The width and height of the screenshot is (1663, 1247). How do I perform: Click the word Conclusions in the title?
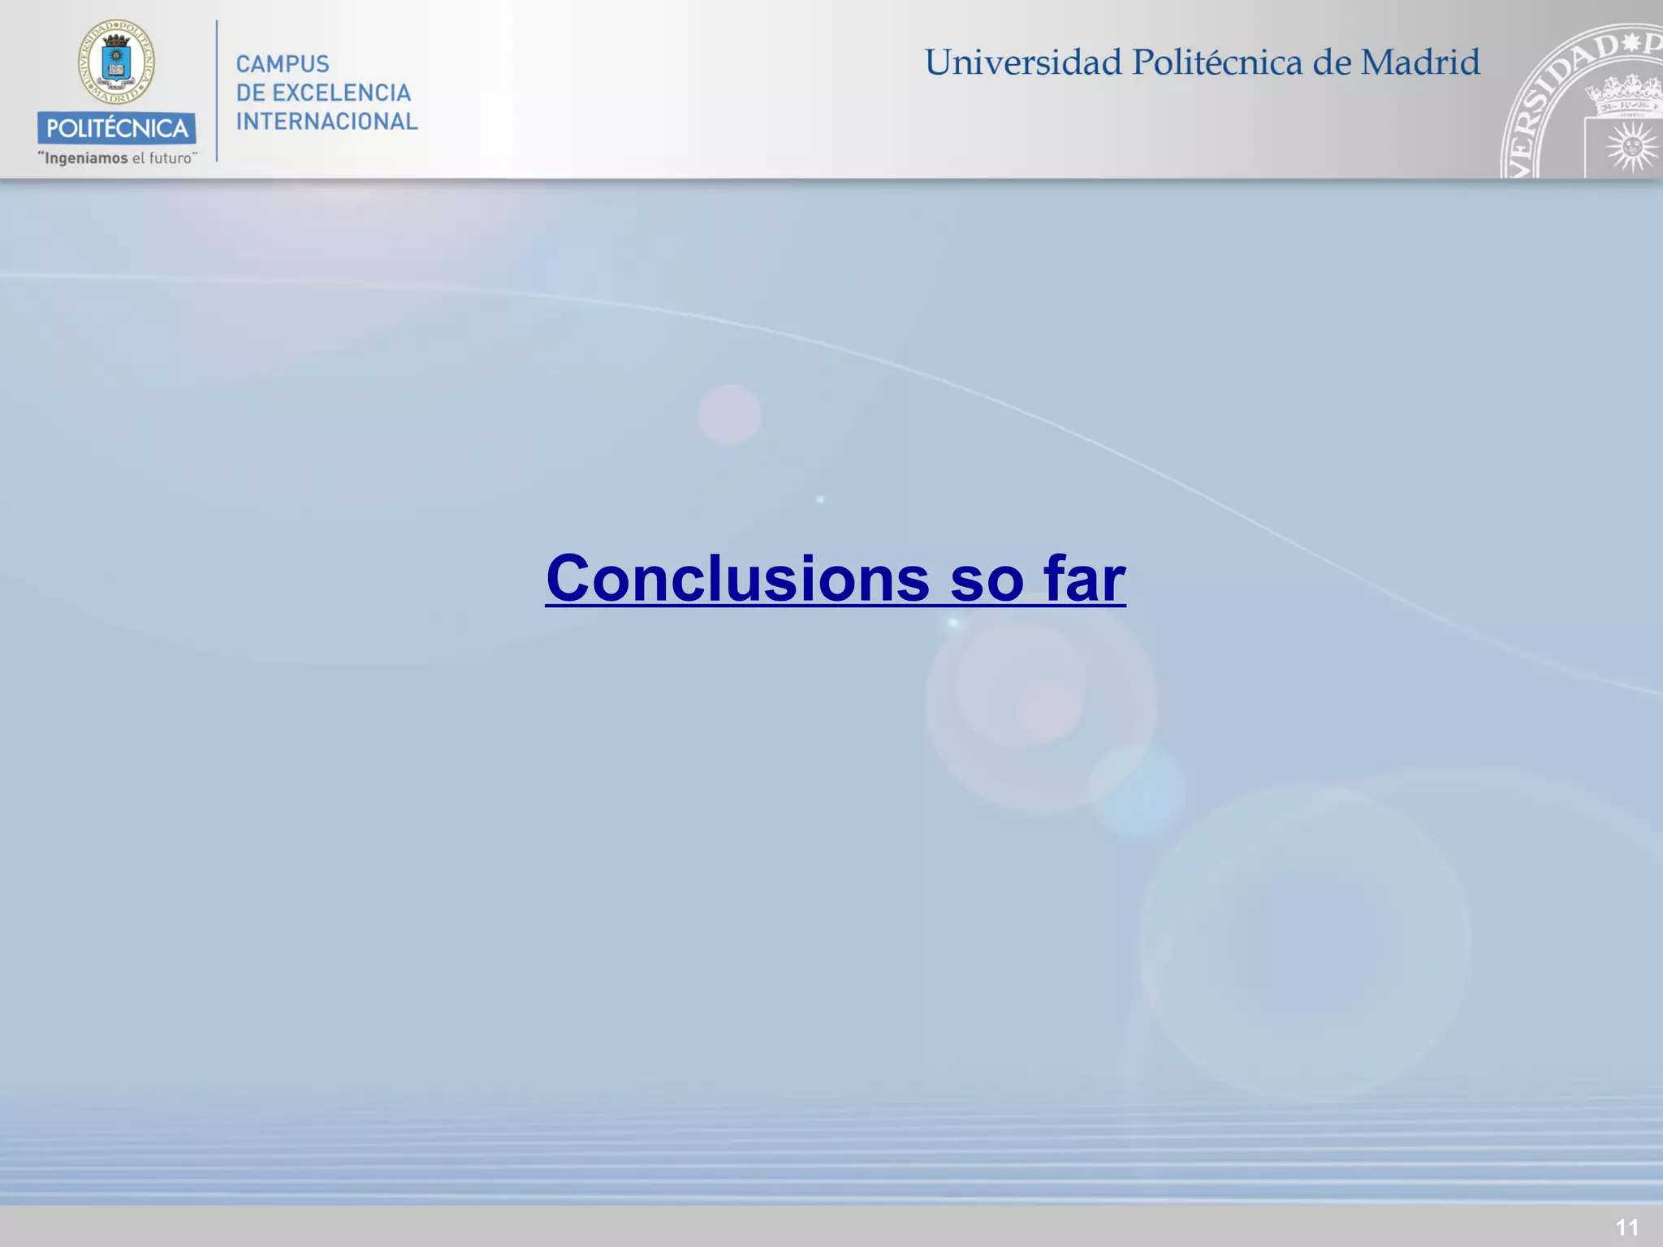tap(737, 579)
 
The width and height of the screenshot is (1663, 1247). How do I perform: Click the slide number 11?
tap(1626, 1227)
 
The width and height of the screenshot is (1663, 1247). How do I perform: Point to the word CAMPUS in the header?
tap(283, 64)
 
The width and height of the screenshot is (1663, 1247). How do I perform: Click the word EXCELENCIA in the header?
tap(341, 93)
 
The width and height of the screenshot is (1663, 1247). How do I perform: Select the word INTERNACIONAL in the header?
tap(326, 122)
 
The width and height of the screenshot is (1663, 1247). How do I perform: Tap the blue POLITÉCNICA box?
tap(116, 128)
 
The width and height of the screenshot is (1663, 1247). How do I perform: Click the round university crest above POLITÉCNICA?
tap(116, 62)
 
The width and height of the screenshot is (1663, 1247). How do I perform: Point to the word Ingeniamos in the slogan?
tap(86, 158)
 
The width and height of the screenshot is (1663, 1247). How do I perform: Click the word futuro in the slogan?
tap(170, 158)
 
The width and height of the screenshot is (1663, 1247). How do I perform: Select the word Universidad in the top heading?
tap(1023, 63)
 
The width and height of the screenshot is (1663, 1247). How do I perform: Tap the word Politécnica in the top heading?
tap(1217, 63)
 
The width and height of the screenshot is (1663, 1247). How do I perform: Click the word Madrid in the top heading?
tap(1420, 63)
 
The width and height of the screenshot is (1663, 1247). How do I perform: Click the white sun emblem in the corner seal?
tap(1631, 147)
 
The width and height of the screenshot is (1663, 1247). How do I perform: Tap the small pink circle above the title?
tap(729, 415)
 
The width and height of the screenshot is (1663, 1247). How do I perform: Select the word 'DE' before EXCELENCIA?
tap(250, 93)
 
